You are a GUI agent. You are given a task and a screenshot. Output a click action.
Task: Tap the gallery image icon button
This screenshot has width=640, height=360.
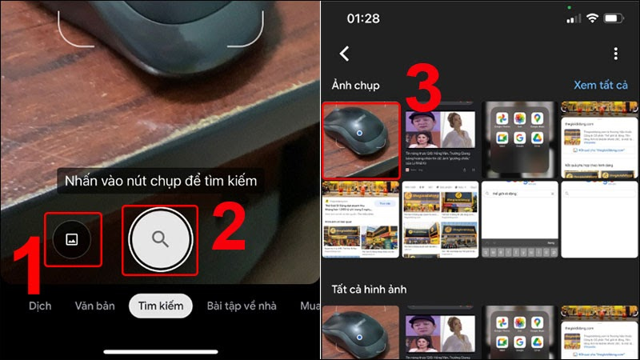pyautogui.click(x=72, y=238)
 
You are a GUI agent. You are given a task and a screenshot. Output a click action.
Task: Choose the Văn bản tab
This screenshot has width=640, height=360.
pyautogui.click(x=94, y=306)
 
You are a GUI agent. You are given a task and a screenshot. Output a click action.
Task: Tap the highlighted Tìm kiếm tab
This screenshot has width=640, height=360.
pyautogui.click(x=161, y=306)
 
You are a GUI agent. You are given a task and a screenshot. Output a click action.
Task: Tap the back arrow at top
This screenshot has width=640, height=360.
pyautogui.click(x=345, y=54)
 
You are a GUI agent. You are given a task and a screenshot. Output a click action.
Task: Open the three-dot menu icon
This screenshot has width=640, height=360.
pyautogui.click(x=615, y=54)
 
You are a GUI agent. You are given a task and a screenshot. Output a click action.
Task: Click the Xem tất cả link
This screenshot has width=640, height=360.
pyautogui.click(x=600, y=85)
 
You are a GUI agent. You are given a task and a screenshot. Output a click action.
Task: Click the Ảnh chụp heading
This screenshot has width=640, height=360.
pyautogui.click(x=355, y=85)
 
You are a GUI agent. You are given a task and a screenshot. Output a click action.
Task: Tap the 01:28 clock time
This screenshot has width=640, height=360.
pyautogui.click(x=364, y=18)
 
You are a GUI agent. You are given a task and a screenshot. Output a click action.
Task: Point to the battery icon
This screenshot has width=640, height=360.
pyautogui.click(x=614, y=18)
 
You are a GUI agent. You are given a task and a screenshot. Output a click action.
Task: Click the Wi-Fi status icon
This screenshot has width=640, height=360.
pyautogui.click(x=593, y=18)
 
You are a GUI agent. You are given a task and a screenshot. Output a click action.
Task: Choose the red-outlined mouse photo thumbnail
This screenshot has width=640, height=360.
pyautogui.click(x=361, y=139)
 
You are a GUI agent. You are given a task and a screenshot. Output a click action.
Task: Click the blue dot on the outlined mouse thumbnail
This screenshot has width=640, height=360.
pyautogui.click(x=361, y=133)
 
